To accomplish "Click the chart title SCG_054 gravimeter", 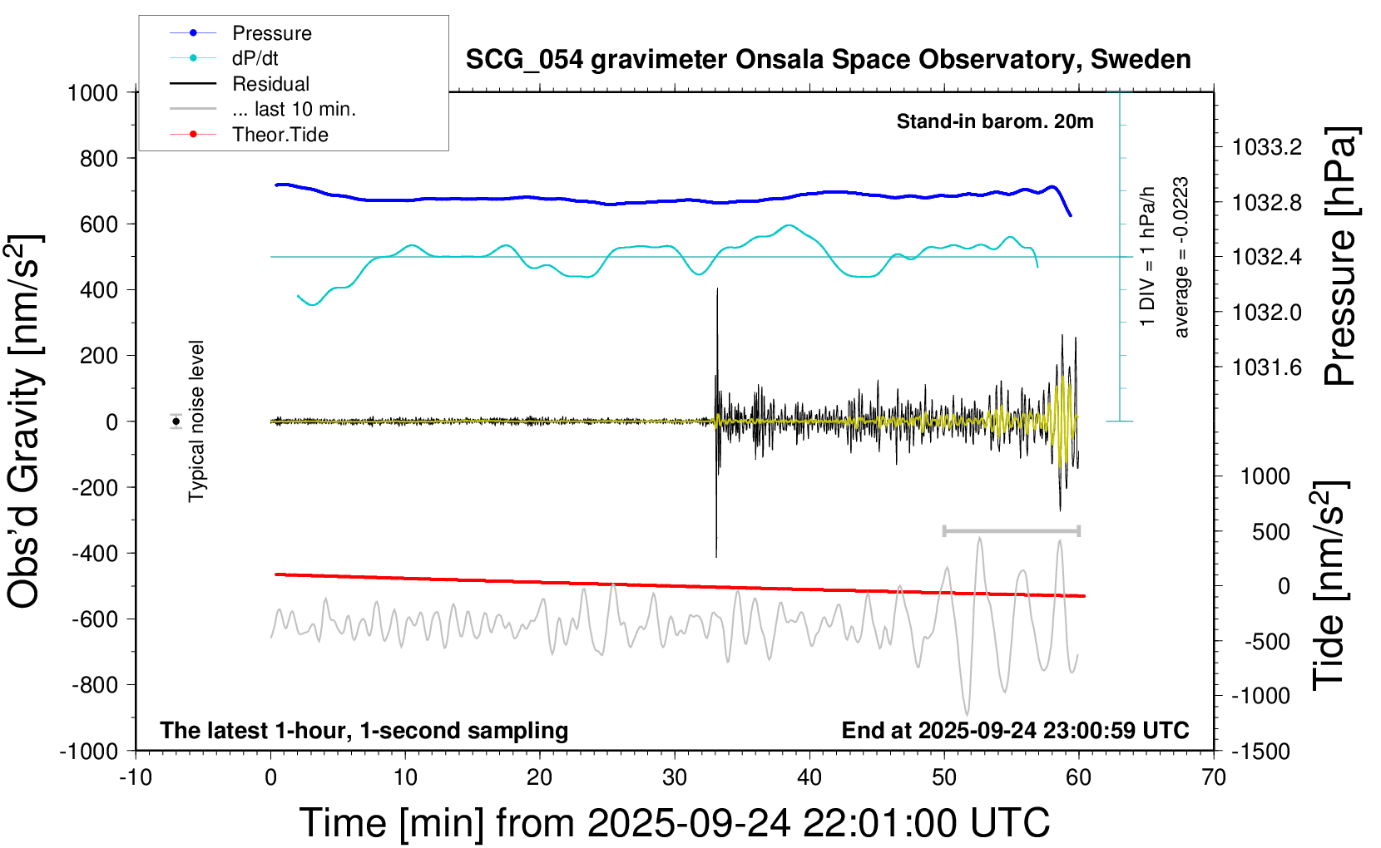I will [828, 60].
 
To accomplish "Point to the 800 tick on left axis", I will [99, 158].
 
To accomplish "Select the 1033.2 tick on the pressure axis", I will [1267, 147].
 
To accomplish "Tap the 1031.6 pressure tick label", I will [1267, 367].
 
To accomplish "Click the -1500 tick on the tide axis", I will [1260, 751].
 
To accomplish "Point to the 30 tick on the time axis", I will [675, 778].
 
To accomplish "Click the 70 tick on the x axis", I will [1214, 778].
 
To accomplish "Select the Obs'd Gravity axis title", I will [25, 421].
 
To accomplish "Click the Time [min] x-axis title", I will [674, 823].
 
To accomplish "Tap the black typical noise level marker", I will [176, 422].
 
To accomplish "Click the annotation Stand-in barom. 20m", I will [995, 121].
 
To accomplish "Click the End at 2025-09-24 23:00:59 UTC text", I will [1015, 731].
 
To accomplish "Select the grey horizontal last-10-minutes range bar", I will [1011, 530].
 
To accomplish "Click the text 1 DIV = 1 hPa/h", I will [1148, 256].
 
